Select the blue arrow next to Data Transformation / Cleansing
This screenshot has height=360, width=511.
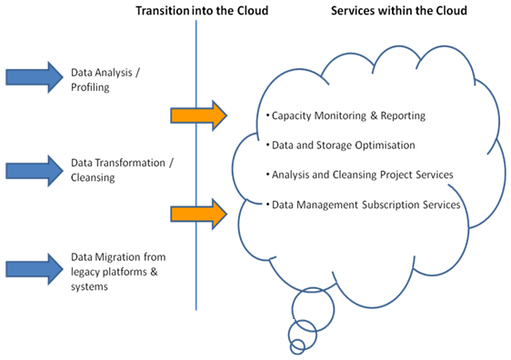(x=33, y=169)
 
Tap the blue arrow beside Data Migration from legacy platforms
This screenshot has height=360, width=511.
(x=33, y=266)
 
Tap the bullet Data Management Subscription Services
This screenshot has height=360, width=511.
(x=364, y=205)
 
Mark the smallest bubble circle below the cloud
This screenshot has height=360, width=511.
(x=296, y=346)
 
